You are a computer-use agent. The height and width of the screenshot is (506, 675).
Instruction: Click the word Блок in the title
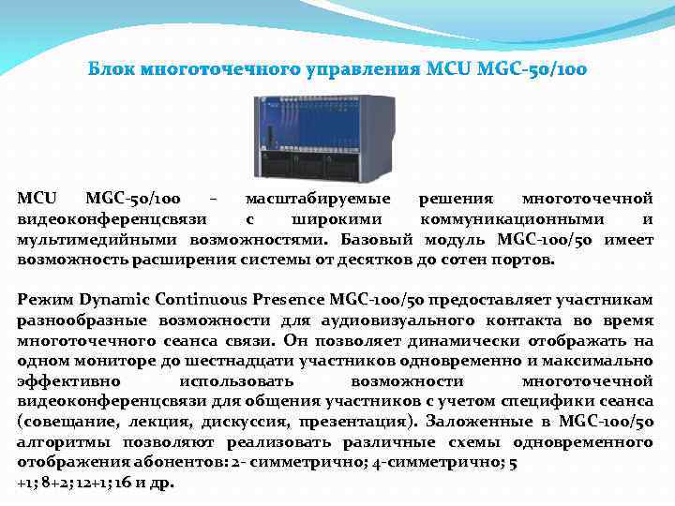pos(110,69)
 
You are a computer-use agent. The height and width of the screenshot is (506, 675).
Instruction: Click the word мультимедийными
pos(86,239)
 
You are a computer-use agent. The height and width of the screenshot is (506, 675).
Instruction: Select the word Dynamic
pos(112,300)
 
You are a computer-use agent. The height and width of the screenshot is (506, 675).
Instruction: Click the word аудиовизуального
pos(425,320)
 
